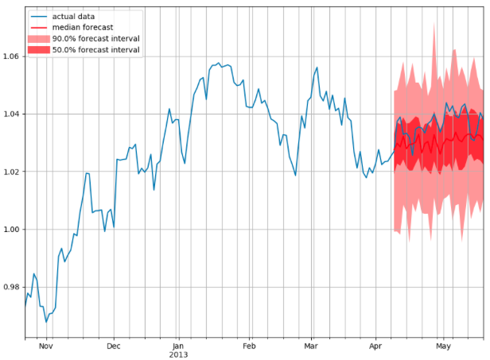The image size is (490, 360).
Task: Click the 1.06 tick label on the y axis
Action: coord(11,56)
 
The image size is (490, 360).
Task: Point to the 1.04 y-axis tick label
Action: coord(11,114)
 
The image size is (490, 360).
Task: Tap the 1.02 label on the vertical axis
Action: coord(11,172)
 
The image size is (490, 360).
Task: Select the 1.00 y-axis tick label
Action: coord(11,230)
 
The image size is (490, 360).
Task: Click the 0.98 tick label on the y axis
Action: coord(11,287)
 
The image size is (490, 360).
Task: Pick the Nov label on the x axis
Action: coord(45,346)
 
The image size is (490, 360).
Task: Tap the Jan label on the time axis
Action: coord(179,346)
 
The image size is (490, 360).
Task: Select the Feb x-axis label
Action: coord(249,346)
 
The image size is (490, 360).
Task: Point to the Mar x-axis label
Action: coord(311,346)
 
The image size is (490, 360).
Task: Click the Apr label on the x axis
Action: coord(378,346)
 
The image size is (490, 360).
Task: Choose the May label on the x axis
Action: coord(444,346)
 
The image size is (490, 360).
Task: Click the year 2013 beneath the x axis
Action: coord(179,355)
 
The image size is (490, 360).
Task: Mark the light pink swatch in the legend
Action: coord(39,39)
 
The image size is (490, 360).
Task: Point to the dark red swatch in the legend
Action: coord(39,50)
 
